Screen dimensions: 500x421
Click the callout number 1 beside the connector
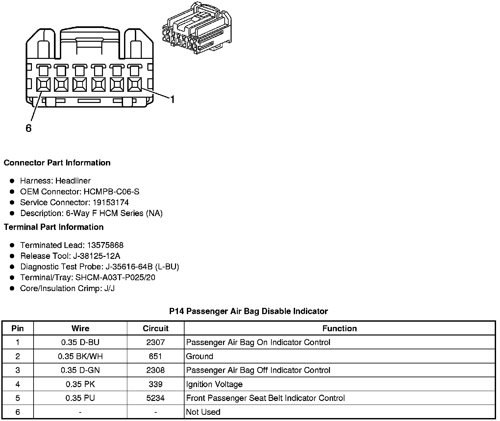[x=172, y=99]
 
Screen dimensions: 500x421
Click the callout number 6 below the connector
[x=29, y=128]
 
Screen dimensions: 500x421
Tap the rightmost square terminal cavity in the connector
[x=135, y=85]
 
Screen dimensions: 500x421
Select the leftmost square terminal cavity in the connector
[x=43, y=85]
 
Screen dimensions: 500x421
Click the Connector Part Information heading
[x=57, y=163]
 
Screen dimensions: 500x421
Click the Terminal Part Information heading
[x=54, y=227]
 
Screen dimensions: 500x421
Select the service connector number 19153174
[x=111, y=202]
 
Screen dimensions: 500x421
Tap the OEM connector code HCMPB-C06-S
[x=112, y=191]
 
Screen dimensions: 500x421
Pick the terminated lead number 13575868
[x=105, y=245]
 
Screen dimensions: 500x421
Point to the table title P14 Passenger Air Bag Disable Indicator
[x=248, y=311]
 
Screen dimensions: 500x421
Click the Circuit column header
[x=156, y=328]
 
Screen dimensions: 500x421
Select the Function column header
[x=339, y=328]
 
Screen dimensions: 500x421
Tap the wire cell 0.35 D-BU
[x=80, y=342]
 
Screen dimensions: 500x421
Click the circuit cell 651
[x=156, y=356]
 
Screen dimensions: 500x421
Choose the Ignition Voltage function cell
[x=214, y=384]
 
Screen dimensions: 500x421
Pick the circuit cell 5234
[x=156, y=398]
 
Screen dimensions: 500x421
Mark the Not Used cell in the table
[x=203, y=412]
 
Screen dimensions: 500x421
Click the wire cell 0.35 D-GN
[x=80, y=370]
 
